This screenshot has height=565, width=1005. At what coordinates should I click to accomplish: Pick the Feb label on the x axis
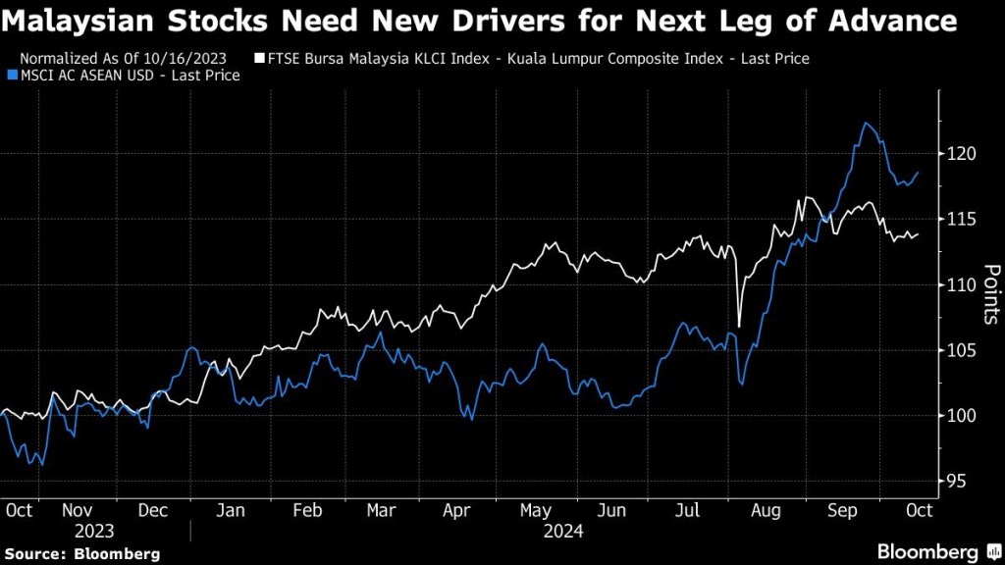307,510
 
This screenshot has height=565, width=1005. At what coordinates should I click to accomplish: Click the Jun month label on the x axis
612,510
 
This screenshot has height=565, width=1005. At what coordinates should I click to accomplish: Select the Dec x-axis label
152,510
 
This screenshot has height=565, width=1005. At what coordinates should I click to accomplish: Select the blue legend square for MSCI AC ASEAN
11,76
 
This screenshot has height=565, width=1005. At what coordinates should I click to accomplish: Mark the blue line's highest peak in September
867,123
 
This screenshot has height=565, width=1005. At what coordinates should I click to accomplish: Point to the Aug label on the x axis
767,510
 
